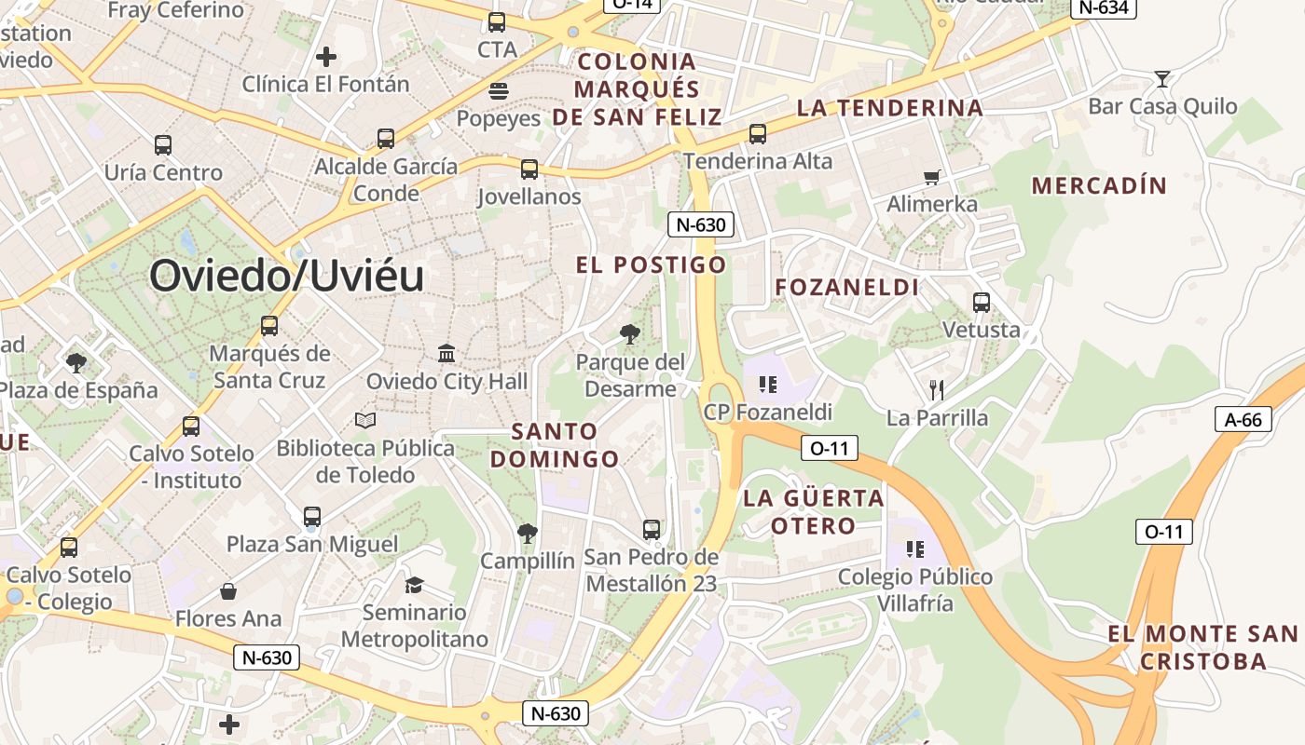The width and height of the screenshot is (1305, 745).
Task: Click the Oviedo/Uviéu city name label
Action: click(x=286, y=276)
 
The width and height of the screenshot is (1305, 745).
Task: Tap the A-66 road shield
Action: click(x=1243, y=419)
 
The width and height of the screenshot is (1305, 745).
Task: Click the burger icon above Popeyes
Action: click(x=498, y=91)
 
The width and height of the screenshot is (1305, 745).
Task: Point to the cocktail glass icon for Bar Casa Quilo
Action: click(x=1161, y=78)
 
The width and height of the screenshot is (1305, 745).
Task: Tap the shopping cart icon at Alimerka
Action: click(x=930, y=177)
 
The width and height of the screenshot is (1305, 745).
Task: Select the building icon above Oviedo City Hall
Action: click(x=446, y=354)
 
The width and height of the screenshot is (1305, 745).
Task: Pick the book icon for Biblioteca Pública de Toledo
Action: click(x=365, y=421)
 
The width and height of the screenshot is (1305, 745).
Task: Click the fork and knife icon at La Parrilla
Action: click(x=937, y=389)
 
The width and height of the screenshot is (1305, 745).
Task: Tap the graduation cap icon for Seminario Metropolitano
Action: click(x=414, y=585)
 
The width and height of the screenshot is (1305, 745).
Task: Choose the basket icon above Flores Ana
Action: click(x=228, y=591)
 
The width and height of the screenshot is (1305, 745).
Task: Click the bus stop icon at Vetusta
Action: click(x=981, y=303)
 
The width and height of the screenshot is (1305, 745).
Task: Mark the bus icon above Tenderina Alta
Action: click(x=757, y=133)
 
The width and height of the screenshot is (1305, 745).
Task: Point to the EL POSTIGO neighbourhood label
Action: click(x=651, y=264)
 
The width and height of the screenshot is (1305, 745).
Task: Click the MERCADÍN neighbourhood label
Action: click(x=1099, y=185)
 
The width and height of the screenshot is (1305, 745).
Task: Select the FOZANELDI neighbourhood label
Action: click(x=847, y=287)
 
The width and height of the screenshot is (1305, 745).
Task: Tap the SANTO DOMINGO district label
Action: click(x=555, y=445)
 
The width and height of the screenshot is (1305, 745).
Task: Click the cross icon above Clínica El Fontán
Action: click(x=325, y=57)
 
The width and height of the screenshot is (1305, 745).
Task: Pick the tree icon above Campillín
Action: click(x=527, y=534)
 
